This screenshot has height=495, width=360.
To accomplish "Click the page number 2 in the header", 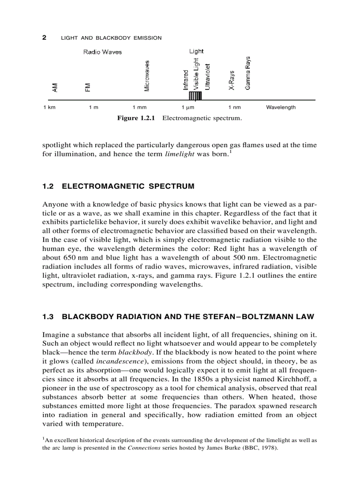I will coord(44,37).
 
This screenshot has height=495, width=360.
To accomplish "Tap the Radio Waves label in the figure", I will coord(102,52).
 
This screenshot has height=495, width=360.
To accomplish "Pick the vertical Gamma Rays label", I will coord(248,73).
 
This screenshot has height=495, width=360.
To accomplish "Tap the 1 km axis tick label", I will coord(49,108).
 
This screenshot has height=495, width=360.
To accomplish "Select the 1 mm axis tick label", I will coord(139,108).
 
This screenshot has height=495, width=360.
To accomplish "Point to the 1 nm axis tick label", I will coord(234,108).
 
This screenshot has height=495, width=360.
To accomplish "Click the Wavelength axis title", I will coord(281,108).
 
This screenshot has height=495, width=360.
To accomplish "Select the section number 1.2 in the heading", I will coord(48,186).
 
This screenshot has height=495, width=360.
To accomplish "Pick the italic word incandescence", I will coord(117,361).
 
